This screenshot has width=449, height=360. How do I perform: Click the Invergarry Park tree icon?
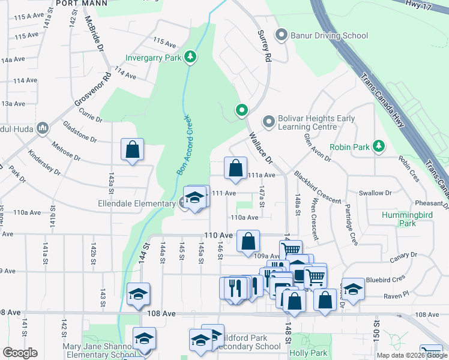pos(190,58)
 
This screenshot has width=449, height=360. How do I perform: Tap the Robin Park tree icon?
pos(378,146)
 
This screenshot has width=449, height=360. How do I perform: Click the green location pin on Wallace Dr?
pos(241,110)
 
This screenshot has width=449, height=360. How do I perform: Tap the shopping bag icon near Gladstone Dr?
pos(132,150)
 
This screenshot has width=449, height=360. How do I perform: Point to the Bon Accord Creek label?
pos(184,145)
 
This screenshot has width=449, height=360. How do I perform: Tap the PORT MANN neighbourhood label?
pos(77,4)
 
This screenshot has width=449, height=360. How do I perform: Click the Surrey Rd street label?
pos(264,47)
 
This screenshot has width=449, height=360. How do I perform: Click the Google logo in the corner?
pos(20,353)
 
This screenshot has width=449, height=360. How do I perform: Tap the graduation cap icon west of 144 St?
pos(138,293)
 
